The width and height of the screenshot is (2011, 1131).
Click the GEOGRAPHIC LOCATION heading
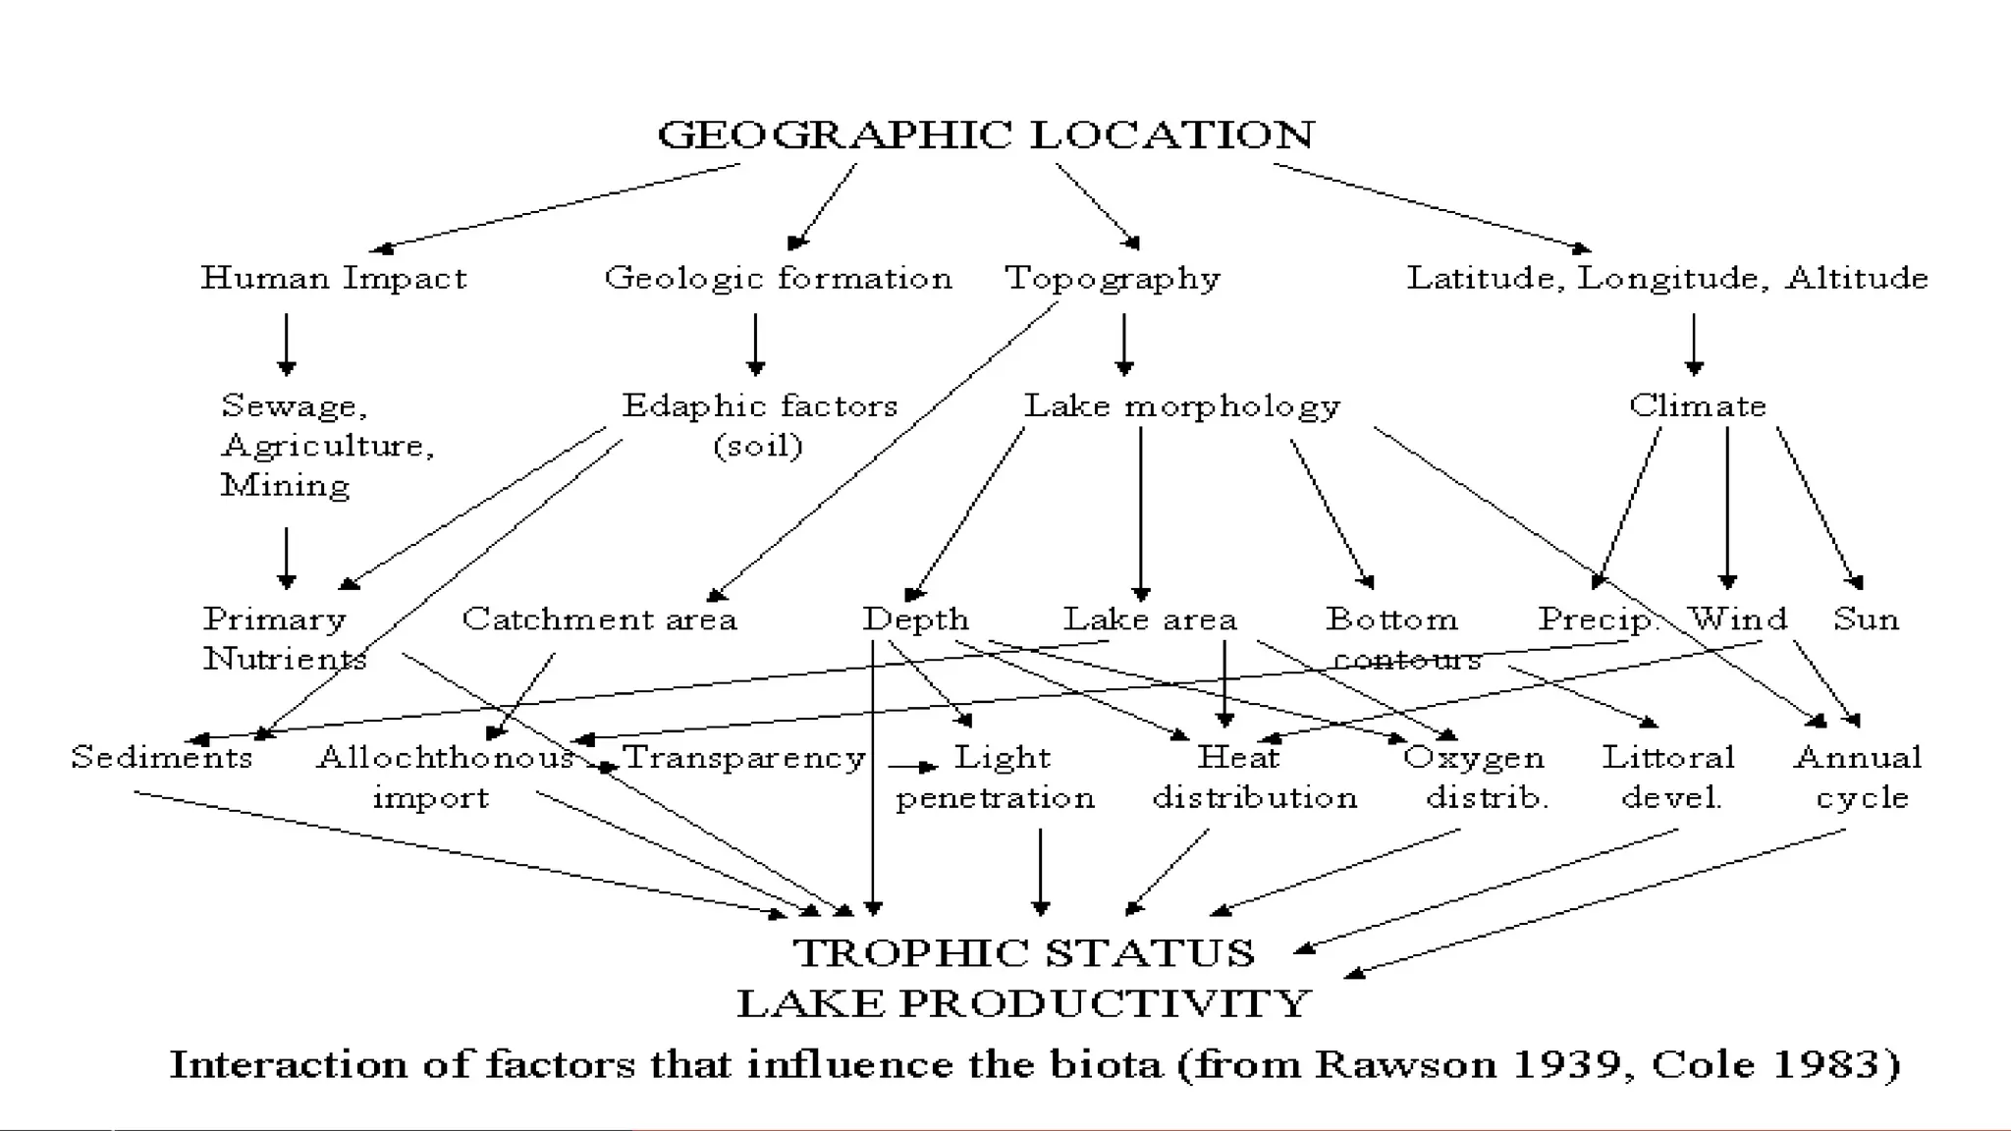pos(985,135)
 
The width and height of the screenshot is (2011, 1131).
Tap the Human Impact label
pos(334,279)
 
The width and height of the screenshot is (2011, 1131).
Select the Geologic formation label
pos(778,279)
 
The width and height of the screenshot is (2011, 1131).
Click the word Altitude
pos(1856,279)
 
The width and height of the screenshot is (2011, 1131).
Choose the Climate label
pos(1697,405)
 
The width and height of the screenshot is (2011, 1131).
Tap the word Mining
pos(285,486)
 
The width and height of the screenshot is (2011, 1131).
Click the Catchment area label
pos(599,619)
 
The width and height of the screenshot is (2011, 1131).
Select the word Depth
pos(915,620)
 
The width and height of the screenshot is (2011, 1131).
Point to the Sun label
pos(1866,619)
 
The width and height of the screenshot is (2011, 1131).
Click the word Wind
pos(1738,619)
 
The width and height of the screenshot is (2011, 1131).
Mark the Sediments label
pos(162,758)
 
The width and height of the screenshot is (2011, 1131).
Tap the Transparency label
pos(744,758)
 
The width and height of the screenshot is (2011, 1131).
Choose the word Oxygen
pos(1473,758)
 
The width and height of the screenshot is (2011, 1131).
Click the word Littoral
pos(1668,758)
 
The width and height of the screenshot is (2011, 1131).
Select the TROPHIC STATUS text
pos(1023,953)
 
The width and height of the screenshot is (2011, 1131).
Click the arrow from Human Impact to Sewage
pos(287,344)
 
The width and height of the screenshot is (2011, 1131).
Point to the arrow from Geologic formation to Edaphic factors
pos(755,344)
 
